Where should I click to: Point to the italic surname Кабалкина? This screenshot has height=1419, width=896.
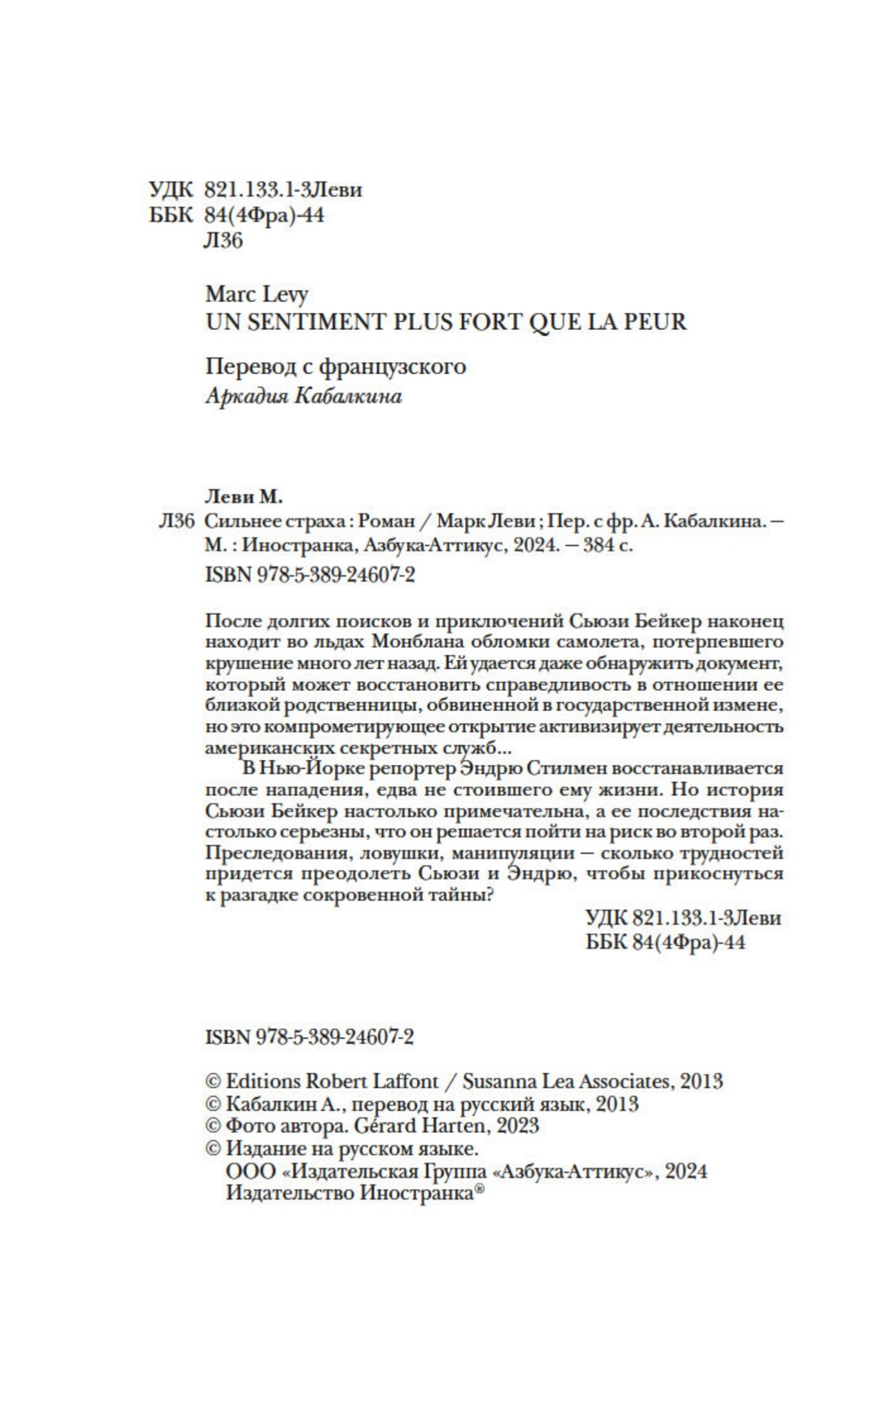pos(356,398)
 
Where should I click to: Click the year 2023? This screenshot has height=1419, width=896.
pos(516,1127)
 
